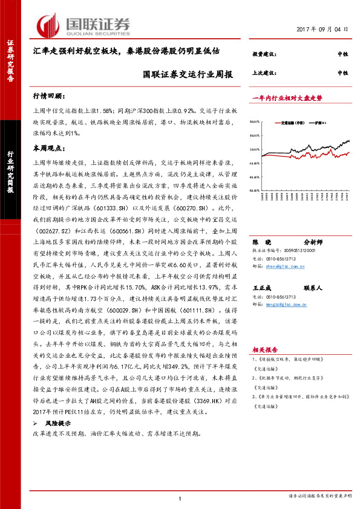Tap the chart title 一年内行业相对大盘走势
[287, 97]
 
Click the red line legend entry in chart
[292, 122]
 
